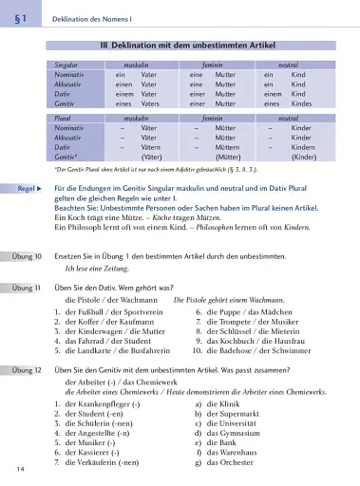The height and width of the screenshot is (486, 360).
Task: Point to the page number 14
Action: coord(19,469)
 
